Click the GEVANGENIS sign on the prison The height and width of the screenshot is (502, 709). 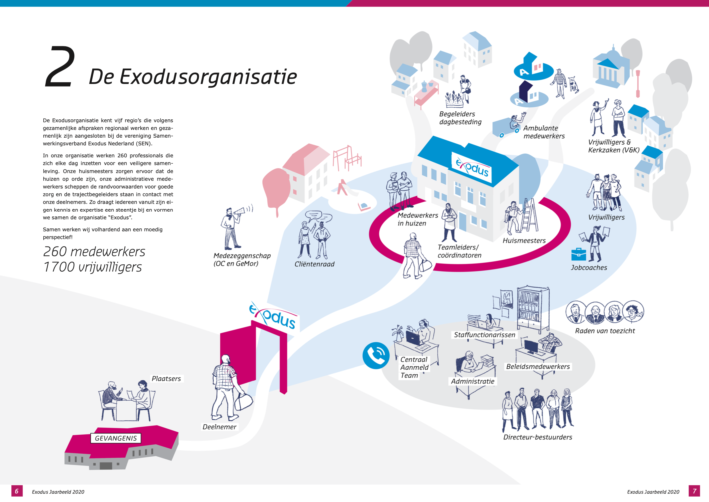(116, 438)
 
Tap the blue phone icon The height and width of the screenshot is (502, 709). (376, 356)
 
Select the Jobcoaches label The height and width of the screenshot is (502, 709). (589, 268)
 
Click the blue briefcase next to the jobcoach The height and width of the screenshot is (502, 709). (578, 254)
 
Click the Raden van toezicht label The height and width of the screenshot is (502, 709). (605, 331)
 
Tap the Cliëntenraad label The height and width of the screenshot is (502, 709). (314, 264)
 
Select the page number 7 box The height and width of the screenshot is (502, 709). (694, 491)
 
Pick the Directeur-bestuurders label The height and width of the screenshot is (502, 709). (538, 437)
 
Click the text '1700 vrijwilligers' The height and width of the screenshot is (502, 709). (93, 267)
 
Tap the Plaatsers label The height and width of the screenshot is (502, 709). (166, 379)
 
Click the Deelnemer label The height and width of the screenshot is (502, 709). (219, 427)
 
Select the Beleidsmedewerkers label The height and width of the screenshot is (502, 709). (538, 367)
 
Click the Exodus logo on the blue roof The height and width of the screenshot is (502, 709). (472, 167)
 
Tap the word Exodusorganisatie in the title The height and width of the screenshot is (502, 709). (208, 77)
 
